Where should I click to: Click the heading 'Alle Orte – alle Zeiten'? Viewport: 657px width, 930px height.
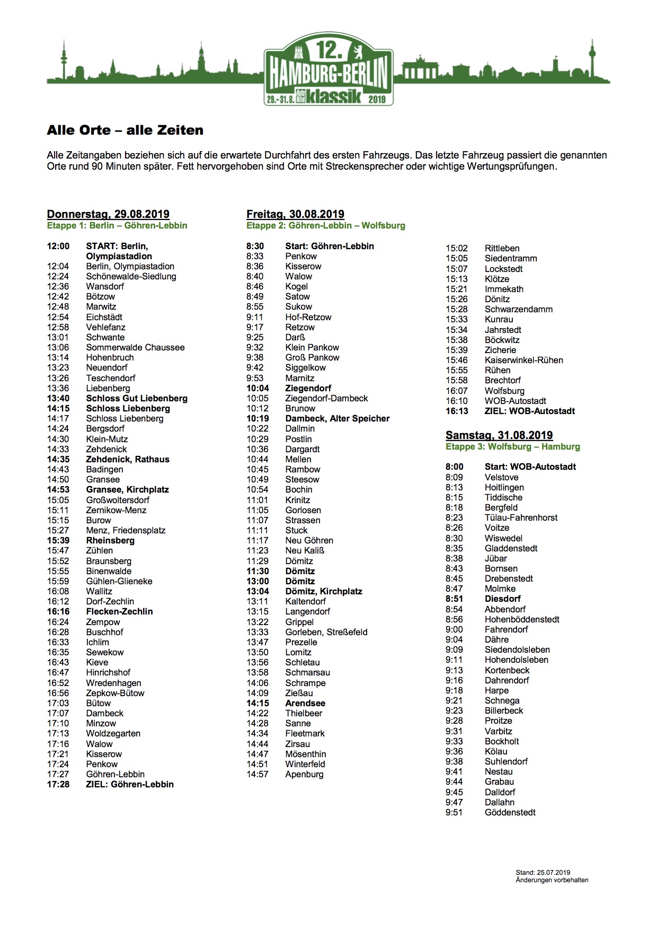click(125, 130)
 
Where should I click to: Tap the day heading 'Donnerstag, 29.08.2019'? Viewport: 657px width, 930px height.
click(108, 214)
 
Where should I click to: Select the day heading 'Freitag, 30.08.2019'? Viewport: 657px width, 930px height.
click(295, 214)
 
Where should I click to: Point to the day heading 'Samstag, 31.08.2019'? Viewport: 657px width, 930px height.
click(499, 435)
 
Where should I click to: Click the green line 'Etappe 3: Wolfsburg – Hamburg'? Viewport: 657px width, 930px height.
click(512, 446)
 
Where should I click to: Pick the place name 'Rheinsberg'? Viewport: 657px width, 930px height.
click(110, 540)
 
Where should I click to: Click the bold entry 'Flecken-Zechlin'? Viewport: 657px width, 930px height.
click(119, 611)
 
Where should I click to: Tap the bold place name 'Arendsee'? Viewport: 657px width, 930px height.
click(305, 703)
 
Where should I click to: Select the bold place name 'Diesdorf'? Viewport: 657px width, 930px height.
click(502, 599)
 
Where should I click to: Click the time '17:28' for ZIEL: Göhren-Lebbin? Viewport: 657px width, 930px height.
click(58, 784)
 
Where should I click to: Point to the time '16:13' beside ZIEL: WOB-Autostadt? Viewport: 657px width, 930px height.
click(457, 411)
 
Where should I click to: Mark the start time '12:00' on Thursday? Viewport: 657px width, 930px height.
click(58, 246)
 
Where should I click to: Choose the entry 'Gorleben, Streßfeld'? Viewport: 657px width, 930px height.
click(326, 632)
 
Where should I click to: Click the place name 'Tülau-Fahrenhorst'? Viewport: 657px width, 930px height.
click(521, 517)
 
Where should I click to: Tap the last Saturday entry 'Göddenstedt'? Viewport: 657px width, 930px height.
click(510, 812)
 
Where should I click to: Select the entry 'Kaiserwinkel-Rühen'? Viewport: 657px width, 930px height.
click(523, 360)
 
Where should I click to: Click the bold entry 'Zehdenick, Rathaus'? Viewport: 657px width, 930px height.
click(128, 459)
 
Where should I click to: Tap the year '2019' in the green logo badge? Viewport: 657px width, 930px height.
click(377, 99)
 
